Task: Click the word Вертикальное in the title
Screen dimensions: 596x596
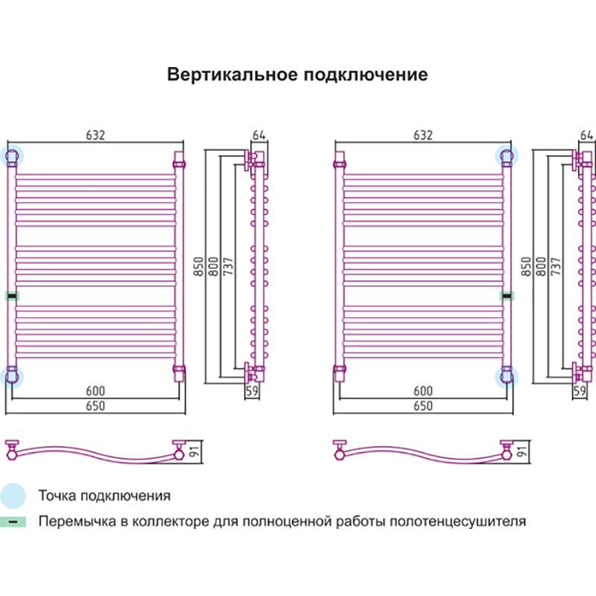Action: pyautogui.click(x=229, y=75)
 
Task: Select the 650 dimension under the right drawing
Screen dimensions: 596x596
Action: pyautogui.click(x=422, y=406)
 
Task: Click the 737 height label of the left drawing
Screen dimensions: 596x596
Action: pyautogui.click(x=227, y=267)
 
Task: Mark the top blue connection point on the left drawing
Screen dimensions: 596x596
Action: pyautogui.click(x=12, y=156)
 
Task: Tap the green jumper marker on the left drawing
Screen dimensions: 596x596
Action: pyautogui.click(x=12, y=296)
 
